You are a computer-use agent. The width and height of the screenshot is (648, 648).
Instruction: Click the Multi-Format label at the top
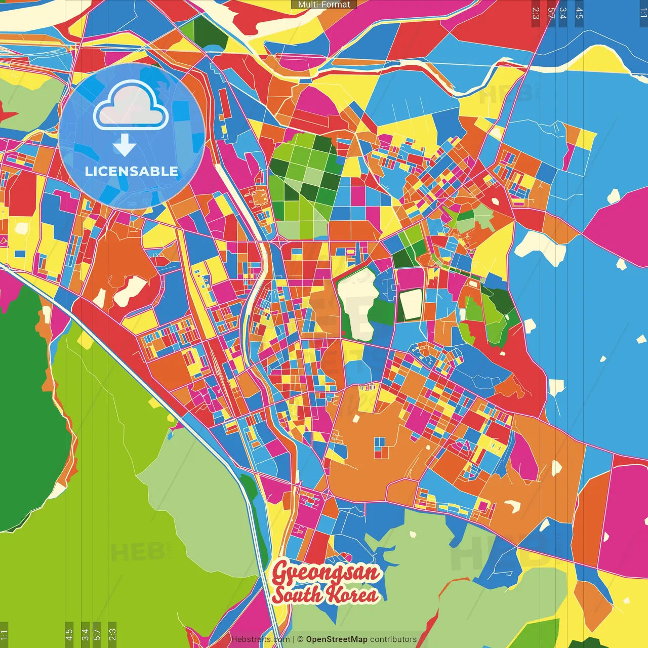click(324, 5)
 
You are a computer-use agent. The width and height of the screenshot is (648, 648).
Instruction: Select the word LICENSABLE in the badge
click(132, 171)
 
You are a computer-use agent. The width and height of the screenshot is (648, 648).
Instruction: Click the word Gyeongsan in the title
click(326, 573)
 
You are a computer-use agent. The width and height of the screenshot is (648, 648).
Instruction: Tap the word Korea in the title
click(352, 595)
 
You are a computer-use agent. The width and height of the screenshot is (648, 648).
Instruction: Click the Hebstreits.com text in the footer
click(260, 639)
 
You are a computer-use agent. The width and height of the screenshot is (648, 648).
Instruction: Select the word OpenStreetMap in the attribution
click(337, 639)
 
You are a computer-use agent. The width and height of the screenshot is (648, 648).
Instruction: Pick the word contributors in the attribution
click(393, 639)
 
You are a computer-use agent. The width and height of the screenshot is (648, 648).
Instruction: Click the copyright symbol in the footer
click(300, 639)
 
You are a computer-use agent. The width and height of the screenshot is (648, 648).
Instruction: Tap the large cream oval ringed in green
click(358, 304)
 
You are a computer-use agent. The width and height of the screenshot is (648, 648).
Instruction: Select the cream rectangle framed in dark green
click(411, 304)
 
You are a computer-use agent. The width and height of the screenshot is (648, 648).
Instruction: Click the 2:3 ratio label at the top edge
click(536, 13)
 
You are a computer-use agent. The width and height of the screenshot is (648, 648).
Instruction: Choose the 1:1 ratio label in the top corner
click(643, 13)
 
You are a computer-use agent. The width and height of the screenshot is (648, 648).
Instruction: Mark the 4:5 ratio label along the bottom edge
click(69, 634)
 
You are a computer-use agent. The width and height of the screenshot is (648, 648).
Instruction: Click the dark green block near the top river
click(210, 33)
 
